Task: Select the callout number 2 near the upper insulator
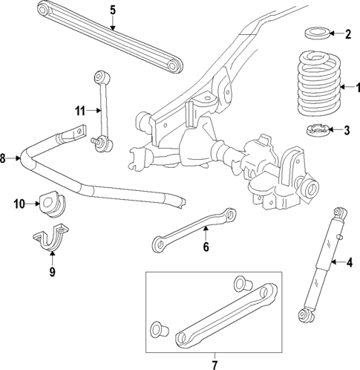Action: tap(348, 33)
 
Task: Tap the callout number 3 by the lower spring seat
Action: tap(347, 132)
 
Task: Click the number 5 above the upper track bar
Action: tap(112, 10)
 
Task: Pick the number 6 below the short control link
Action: tap(206, 247)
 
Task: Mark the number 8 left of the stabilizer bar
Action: tap(4, 158)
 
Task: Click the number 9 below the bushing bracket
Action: tap(51, 272)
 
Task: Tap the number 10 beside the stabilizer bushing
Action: tap(19, 203)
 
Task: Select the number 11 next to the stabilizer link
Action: tap(79, 111)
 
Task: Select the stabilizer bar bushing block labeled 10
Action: tap(52, 203)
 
